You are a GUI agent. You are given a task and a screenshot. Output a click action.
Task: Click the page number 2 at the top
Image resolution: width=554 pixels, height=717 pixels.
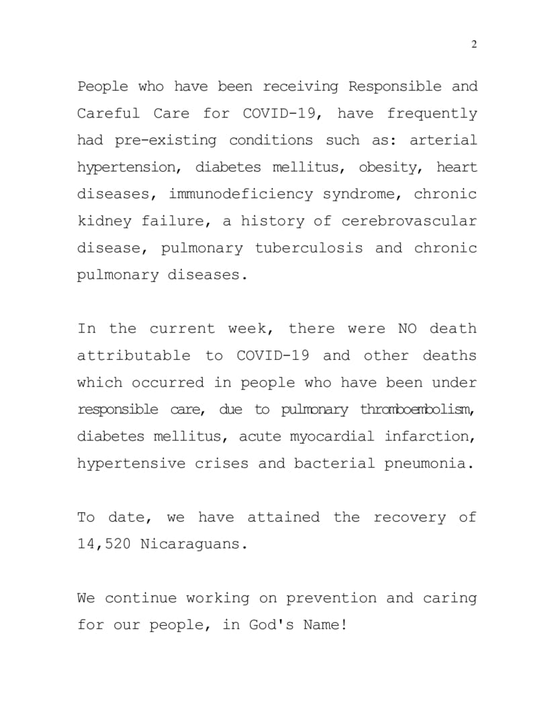point(474,44)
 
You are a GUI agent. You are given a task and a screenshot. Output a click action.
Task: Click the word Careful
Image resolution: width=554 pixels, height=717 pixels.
point(108,113)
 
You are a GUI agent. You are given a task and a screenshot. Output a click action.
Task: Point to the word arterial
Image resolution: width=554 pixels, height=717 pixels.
point(443,140)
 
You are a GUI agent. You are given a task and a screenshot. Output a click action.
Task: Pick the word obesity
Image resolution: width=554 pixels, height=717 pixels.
point(389,167)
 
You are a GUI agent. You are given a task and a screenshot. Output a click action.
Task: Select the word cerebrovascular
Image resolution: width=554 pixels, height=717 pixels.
point(409,221)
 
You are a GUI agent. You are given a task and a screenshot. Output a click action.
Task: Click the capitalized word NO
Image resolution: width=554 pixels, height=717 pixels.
point(408,329)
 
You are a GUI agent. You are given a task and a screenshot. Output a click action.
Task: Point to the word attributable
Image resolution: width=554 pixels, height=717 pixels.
point(134,356)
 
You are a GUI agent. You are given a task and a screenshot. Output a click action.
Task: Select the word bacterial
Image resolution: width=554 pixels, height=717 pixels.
point(334,463)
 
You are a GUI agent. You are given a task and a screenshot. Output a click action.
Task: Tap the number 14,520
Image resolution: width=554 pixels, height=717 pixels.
point(104,544)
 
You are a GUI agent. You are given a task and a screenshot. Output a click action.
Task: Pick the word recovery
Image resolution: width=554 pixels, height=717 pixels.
point(410,517)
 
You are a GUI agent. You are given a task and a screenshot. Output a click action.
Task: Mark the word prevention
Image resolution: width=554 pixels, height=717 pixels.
point(330,598)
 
